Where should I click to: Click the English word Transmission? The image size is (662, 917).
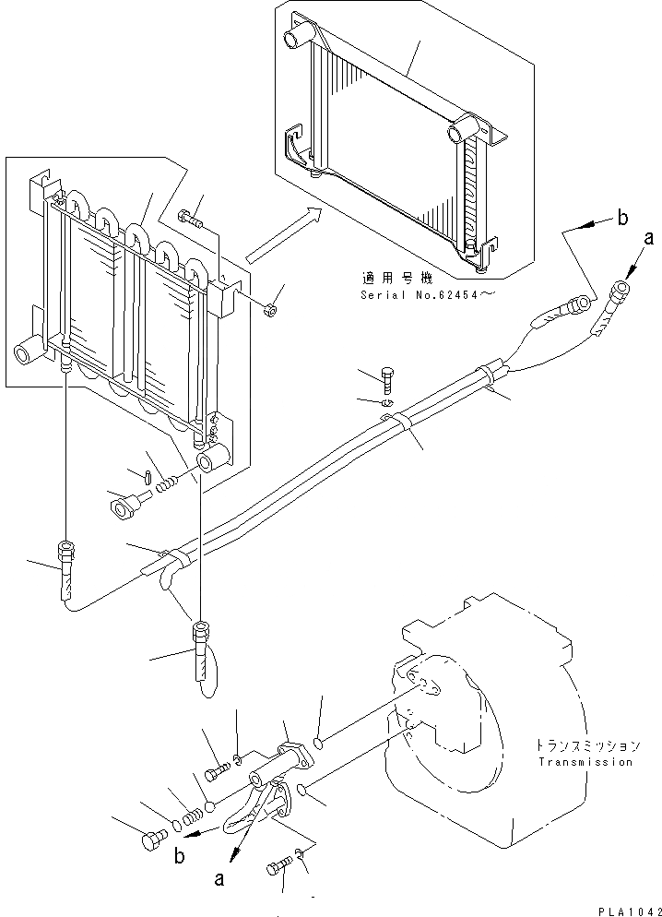586,762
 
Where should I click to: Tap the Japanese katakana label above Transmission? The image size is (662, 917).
586,745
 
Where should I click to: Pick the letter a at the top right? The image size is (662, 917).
649,239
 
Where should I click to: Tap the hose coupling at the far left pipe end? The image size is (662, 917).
65,554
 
